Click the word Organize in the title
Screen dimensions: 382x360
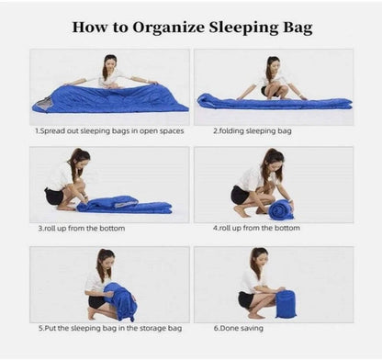point(168,28)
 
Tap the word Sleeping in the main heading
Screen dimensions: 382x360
point(243,28)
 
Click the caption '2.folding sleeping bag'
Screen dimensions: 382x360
point(253,131)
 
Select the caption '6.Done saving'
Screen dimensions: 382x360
point(239,329)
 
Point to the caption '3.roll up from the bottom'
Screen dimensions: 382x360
point(82,229)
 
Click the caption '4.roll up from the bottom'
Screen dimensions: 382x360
point(256,228)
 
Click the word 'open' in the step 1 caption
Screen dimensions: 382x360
point(149,131)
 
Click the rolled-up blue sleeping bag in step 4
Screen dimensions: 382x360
point(281,209)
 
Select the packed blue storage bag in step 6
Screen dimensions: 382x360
point(286,304)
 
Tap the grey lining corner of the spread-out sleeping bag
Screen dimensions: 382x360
point(41,103)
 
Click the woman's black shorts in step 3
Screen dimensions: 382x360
point(54,197)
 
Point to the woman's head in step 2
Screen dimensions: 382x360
point(273,63)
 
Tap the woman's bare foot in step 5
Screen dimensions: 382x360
point(91,314)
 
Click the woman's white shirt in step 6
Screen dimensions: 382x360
point(249,281)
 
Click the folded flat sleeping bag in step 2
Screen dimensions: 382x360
point(274,103)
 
